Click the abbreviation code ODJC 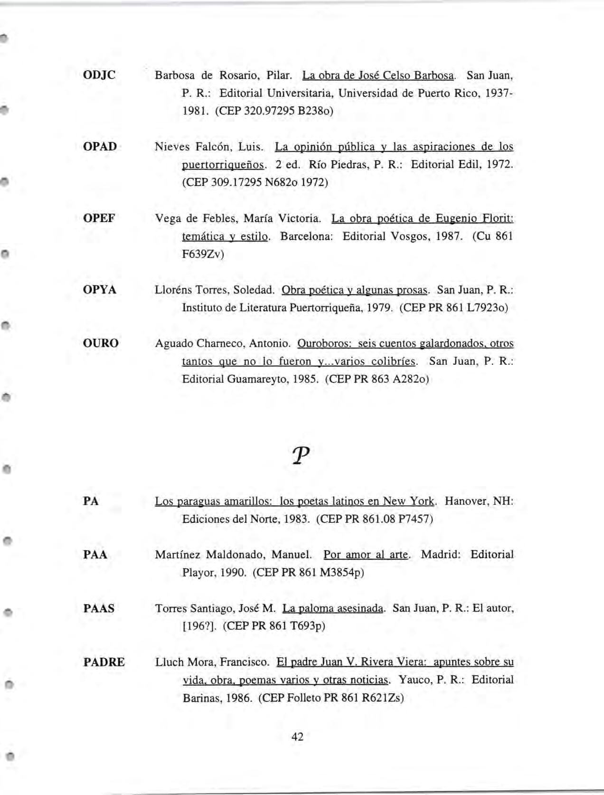99,75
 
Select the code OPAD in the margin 100,146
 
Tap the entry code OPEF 99,218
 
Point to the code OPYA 99,290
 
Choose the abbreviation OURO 101,343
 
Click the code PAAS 99,608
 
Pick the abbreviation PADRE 104,662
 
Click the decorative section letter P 301,456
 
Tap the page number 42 297,737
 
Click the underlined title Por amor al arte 366,555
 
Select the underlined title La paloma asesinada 332,608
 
